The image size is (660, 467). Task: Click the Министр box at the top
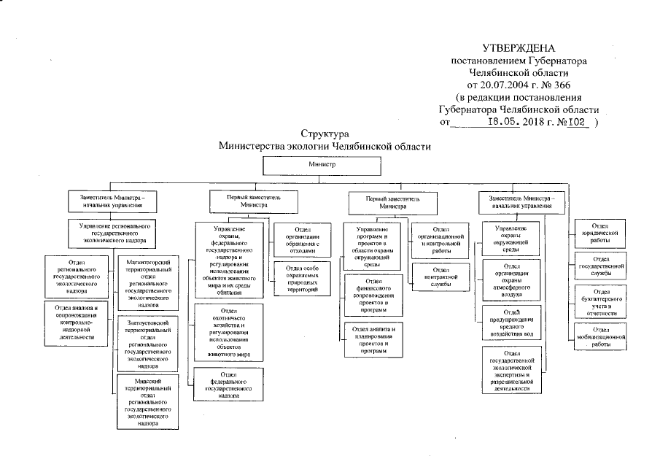321,166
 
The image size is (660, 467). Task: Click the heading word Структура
325,134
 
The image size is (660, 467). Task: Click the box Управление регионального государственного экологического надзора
113,231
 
